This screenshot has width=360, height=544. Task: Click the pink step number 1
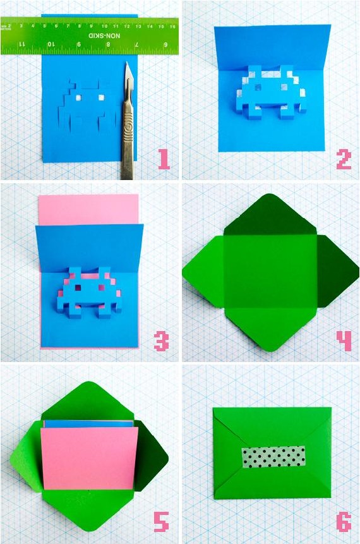[x=164, y=159]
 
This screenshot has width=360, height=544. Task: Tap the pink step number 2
[x=344, y=159]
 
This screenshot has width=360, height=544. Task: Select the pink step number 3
[x=162, y=342]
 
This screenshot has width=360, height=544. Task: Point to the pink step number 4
[x=343, y=342]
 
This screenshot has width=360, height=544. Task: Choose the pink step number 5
[x=162, y=523]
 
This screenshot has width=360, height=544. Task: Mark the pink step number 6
[x=343, y=523]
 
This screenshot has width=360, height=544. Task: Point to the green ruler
[x=88, y=36]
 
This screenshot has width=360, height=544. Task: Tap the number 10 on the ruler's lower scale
[x=51, y=44]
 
